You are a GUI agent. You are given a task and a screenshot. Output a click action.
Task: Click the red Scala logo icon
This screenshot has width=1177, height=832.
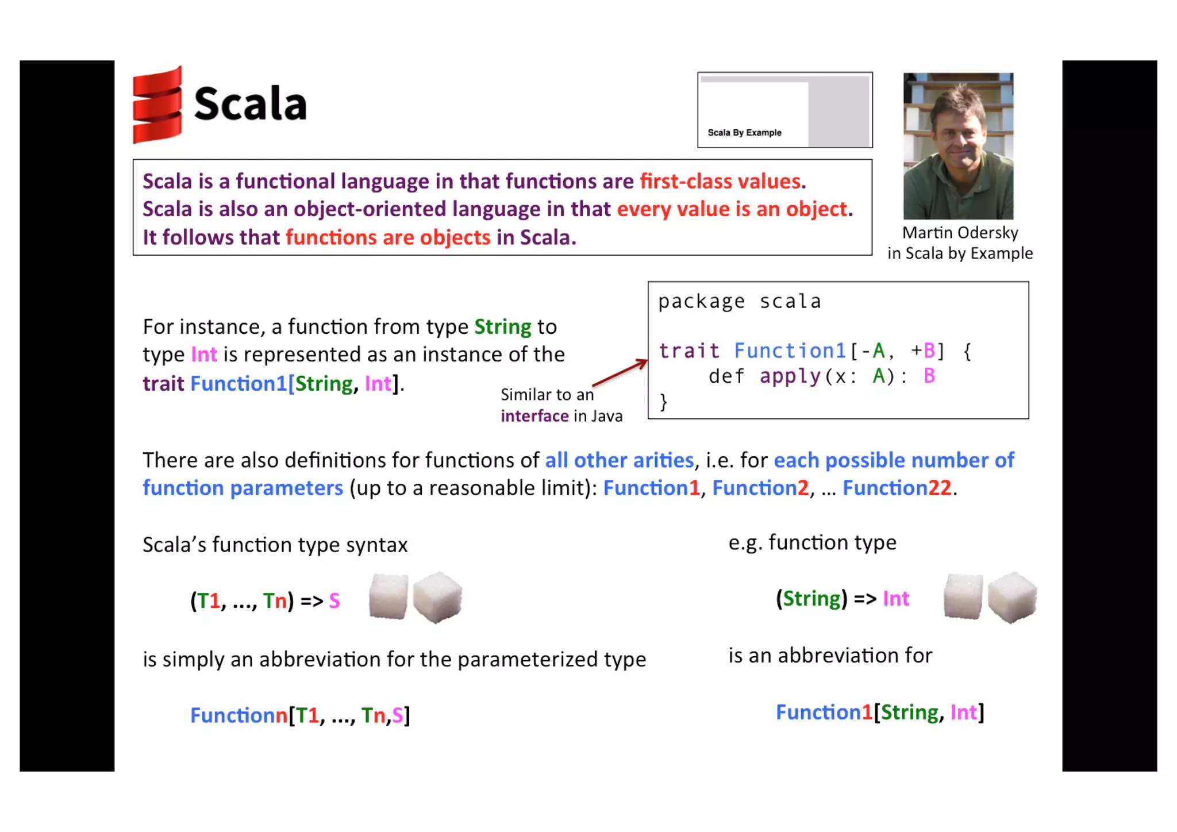[x=157, y=105]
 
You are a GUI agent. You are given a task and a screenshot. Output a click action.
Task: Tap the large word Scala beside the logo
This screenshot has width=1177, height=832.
[x=250, y=104]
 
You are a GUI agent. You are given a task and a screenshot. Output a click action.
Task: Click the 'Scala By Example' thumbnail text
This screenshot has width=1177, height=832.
[x=744, y=133]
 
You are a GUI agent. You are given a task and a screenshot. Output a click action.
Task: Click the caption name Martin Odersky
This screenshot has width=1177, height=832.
[x=960, y=233]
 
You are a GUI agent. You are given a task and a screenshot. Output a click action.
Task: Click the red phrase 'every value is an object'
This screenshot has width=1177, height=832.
[x=732, y=209]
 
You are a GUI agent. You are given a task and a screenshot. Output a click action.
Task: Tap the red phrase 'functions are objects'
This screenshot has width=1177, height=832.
[x=388, y=237]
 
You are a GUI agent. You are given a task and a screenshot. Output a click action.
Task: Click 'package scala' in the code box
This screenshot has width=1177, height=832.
[x=739, y=302]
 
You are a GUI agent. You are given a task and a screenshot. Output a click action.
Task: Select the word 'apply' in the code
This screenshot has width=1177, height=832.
[x=790, y=376]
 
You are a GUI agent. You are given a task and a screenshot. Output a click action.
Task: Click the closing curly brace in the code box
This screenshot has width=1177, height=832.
[x=664, y=402]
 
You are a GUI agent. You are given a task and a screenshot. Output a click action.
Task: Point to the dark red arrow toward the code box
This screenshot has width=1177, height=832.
[x=620, y=373]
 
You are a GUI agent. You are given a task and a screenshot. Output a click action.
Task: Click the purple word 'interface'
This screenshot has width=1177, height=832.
[x=534, y=416]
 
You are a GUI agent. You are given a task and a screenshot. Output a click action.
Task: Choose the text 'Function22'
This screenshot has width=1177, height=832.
[x=897, y=488]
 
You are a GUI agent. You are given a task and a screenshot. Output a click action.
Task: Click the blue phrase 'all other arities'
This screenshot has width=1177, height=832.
[x=619, y=460]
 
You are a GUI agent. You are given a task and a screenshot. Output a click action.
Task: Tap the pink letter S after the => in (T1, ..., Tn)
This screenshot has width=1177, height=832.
[x=334, y=601]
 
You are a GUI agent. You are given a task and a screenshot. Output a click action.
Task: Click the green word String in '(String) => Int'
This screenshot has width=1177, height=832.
[x=812, y=599]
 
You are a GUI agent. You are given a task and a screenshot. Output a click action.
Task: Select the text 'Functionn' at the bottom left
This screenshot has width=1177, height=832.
[x=239, y=715]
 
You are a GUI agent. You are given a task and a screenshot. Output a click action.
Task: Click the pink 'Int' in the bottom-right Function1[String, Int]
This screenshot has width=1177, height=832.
[x=963, y=712]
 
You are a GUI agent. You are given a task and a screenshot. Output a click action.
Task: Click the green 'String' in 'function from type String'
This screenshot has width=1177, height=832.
[x=502, y=327]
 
